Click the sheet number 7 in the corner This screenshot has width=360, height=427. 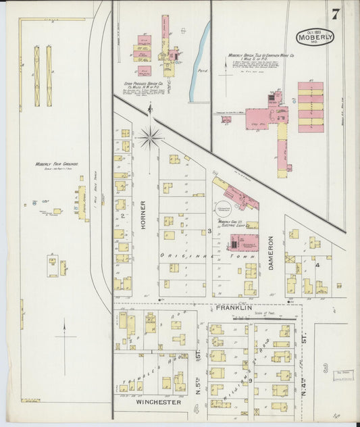coord(335,14)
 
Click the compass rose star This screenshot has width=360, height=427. coord(150,137)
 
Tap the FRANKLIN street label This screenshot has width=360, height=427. coord(233,307)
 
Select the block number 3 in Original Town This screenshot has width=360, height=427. coord(210,232)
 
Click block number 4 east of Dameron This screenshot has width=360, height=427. coord(317,265)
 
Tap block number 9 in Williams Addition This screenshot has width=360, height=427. coord(249,381)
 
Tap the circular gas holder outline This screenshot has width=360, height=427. coord(223,209)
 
